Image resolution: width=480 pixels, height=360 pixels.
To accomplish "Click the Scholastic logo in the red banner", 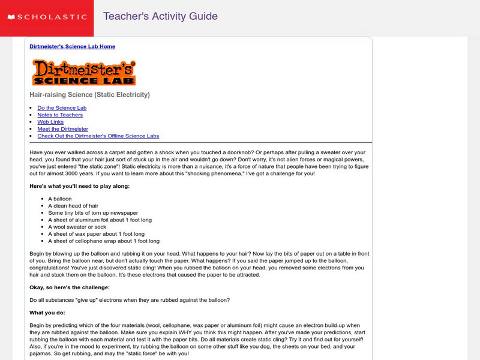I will coord(47,17).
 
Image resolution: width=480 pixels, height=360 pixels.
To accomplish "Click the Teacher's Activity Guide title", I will coord(160,16).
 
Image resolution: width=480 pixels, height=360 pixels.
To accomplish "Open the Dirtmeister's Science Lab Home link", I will coord(72,46).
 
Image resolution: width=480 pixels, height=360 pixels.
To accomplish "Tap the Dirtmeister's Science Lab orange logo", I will coord(84,73).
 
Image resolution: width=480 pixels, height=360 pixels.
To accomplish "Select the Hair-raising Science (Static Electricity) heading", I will coord(89,95).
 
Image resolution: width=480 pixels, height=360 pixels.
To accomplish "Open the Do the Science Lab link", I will coord(62,108).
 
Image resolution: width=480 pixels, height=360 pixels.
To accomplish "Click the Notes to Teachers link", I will coord(60,115).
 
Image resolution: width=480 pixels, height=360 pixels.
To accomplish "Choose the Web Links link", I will coord(50,122).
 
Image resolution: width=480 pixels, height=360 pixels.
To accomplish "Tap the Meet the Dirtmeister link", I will coord(62,129).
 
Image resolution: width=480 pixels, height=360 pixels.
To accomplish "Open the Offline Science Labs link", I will coord(98,136).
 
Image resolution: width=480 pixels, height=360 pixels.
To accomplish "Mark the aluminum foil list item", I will coord(96,220).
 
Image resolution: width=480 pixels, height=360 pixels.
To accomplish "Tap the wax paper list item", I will coord(96,234).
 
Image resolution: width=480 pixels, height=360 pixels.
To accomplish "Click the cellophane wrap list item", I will coord(104,241).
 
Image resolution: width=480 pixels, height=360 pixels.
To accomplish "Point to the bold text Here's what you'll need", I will coord(79,186).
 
